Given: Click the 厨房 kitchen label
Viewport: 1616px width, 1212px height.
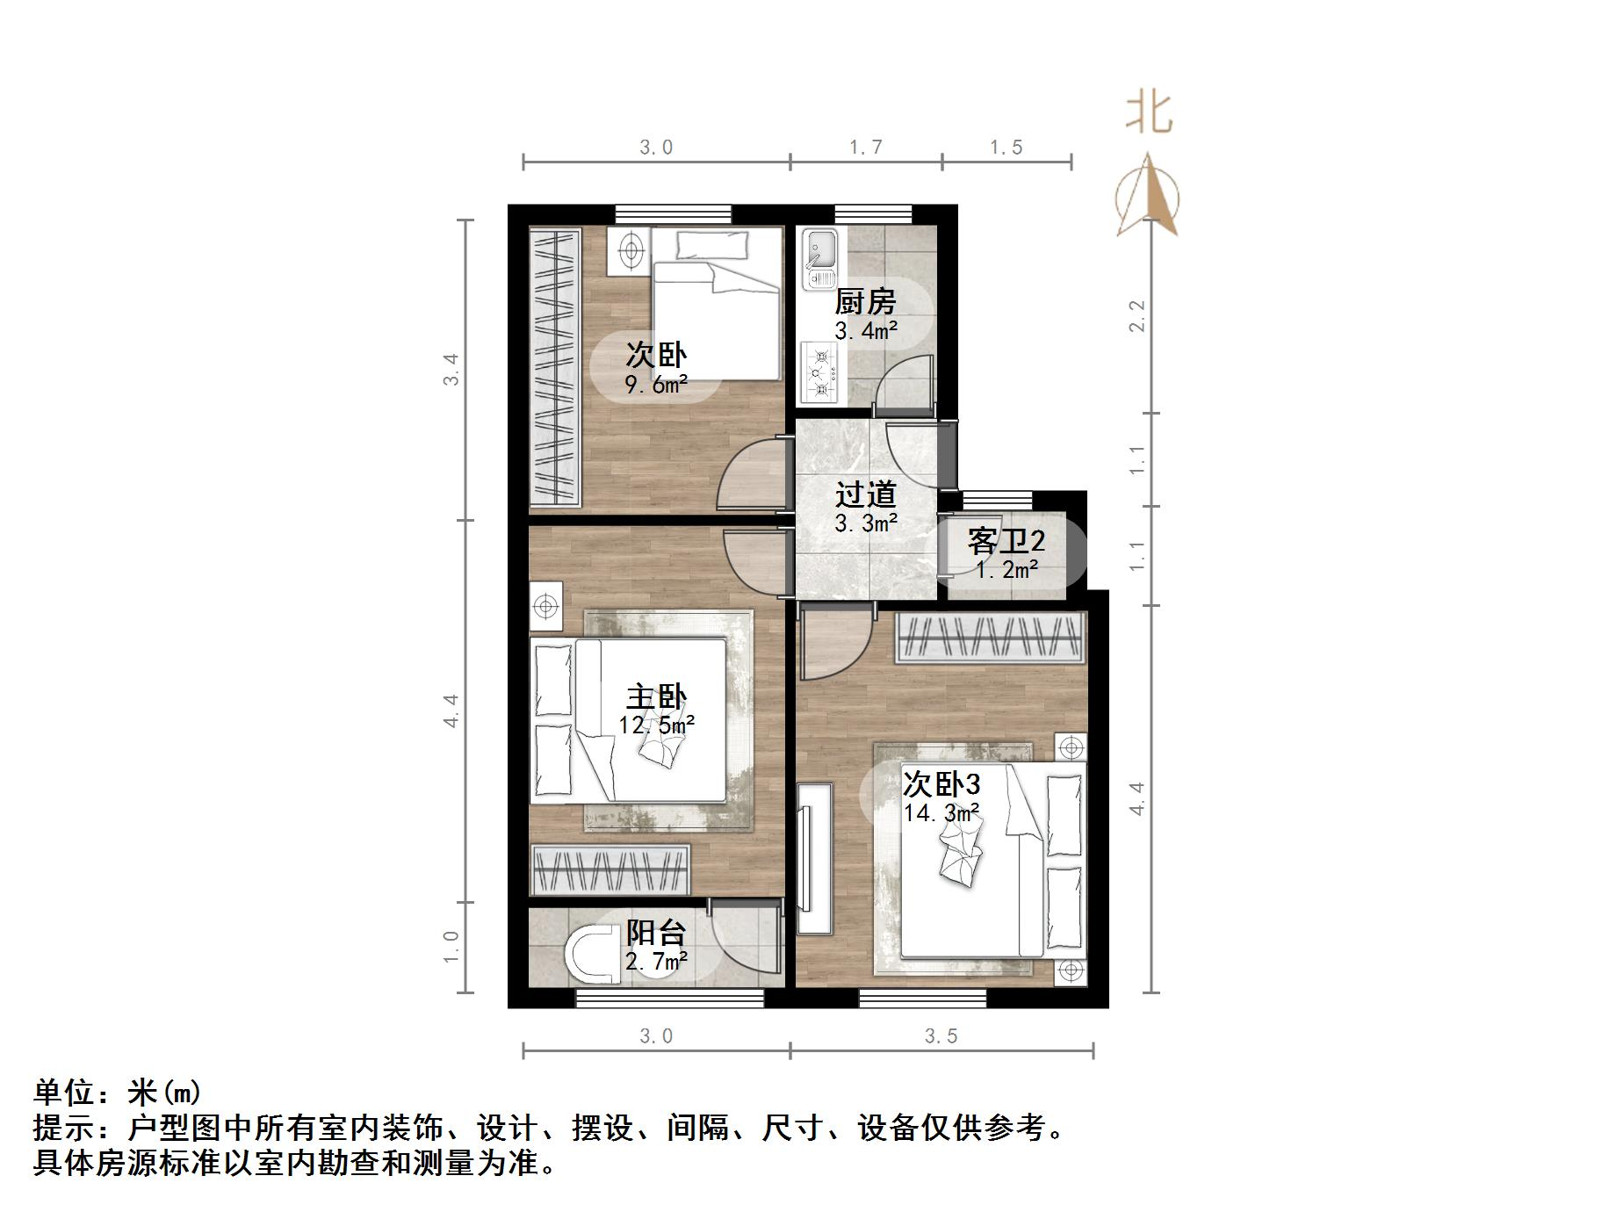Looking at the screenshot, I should pos(865,302).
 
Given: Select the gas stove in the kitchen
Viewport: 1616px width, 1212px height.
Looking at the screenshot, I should pos(820,372).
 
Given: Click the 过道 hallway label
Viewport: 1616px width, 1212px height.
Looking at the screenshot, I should pos(865,494).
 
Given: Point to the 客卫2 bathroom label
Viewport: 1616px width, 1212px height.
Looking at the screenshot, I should pos(1006,541).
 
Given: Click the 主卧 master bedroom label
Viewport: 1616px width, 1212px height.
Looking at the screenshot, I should pos(655,697).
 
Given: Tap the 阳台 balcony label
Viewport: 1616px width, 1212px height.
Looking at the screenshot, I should pos(655,933).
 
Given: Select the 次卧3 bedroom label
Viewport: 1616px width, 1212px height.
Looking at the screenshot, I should pos(941,783).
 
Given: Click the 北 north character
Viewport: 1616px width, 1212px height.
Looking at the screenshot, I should pos(1149,113).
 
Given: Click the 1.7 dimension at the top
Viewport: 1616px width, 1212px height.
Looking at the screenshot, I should pos(865,148).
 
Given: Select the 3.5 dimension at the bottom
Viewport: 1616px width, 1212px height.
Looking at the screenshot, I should pos(941,1036).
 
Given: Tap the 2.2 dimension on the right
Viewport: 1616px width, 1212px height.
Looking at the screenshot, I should pos(1137,316).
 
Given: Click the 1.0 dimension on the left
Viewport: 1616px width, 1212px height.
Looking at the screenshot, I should pos(451,947).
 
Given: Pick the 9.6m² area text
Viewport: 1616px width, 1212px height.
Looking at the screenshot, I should pos(655,384).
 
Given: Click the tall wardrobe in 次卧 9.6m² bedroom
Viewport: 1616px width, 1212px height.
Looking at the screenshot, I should pos(555,367).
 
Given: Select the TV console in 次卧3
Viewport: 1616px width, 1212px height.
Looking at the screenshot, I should pos(814,858).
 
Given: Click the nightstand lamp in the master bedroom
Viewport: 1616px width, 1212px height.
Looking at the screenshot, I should pos(546,606).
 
